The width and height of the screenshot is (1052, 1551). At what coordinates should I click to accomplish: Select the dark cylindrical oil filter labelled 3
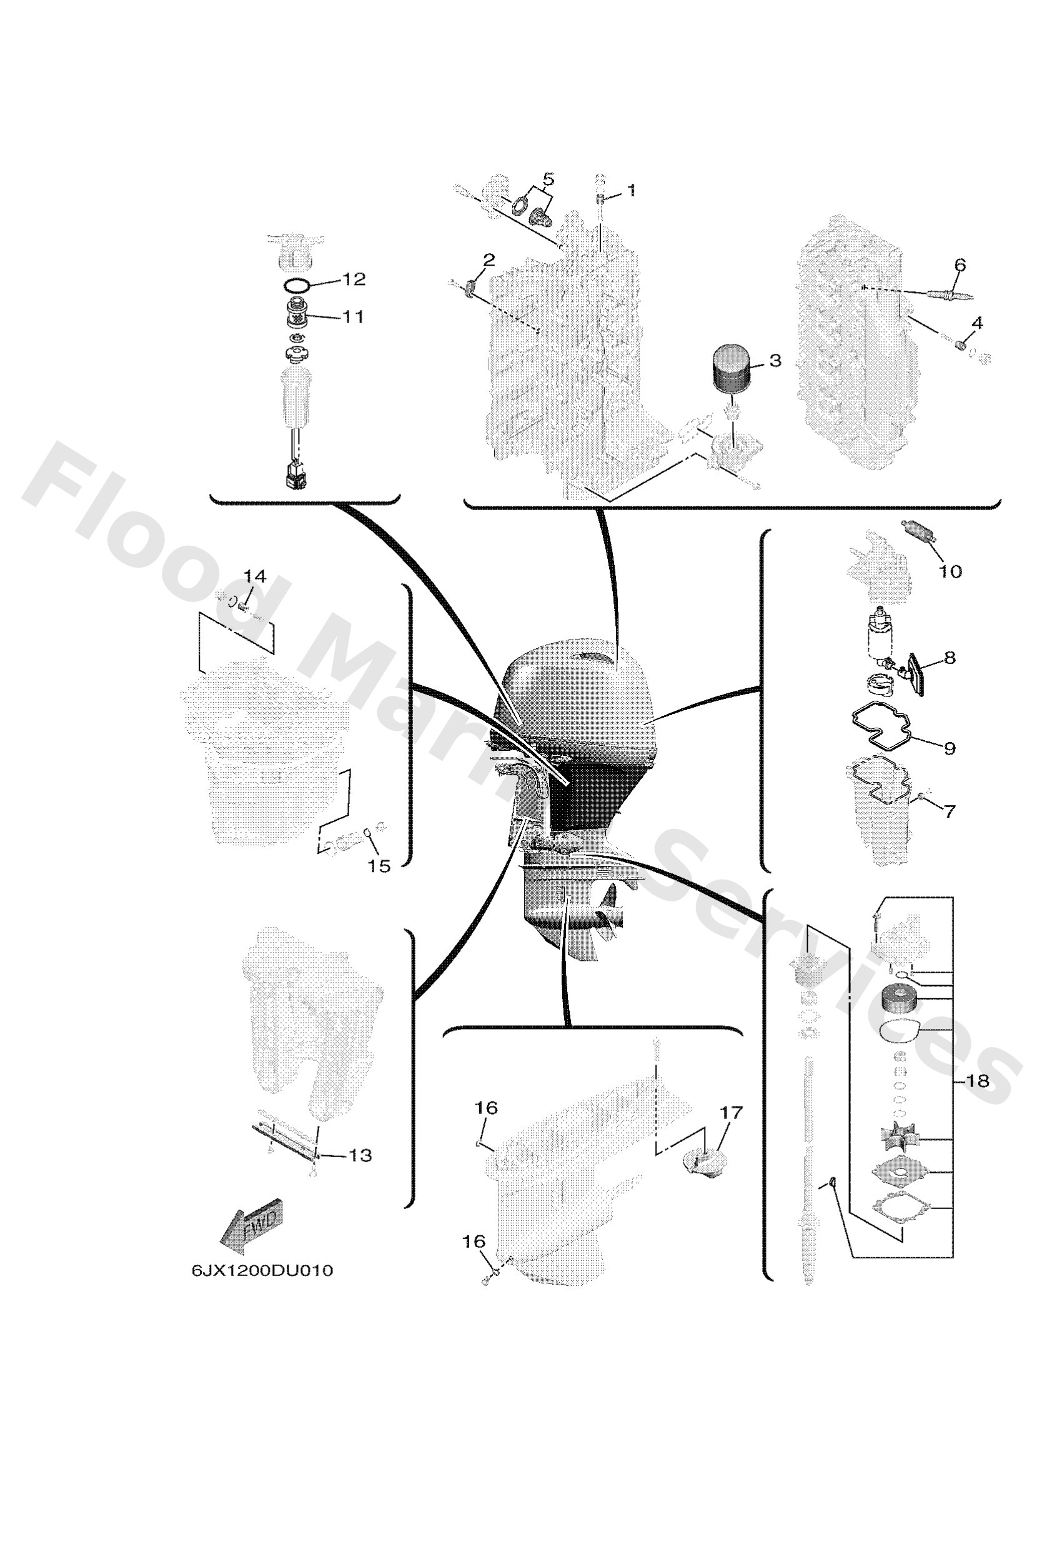[x=731, y=370]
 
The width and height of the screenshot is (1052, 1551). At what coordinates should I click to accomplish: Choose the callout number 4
[x=976, y=323]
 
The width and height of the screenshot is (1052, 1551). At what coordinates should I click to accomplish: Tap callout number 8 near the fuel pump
[x=950, y=658]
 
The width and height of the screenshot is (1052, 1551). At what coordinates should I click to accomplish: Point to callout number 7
[x=950, y=811]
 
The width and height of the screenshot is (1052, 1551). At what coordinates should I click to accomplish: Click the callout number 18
[x=977, y=1080]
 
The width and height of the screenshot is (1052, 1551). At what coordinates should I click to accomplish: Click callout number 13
[x=360, y=1155]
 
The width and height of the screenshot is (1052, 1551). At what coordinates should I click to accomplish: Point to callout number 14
[x=254, y=576]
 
